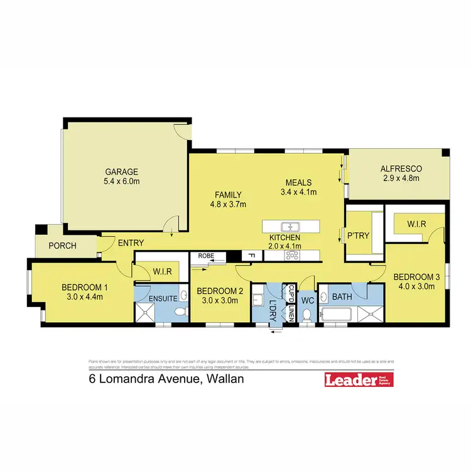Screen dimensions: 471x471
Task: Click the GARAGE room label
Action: pyautogui.click(x=122, y=172)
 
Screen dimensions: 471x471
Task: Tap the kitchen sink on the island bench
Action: pyautogui.click(x=289, y=227)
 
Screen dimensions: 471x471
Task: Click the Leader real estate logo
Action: pyautogui.click(x=357, y=380)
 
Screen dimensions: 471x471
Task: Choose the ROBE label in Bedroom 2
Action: pyautogui.click(x=206, y=256)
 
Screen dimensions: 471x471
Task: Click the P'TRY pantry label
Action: pyautogui.click(x=357, y=236)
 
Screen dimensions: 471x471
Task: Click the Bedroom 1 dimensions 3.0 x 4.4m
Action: pyautogui.click(x=85, y=297)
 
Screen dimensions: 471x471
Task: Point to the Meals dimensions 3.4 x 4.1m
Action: pyautogui.click(x=298, y=192)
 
